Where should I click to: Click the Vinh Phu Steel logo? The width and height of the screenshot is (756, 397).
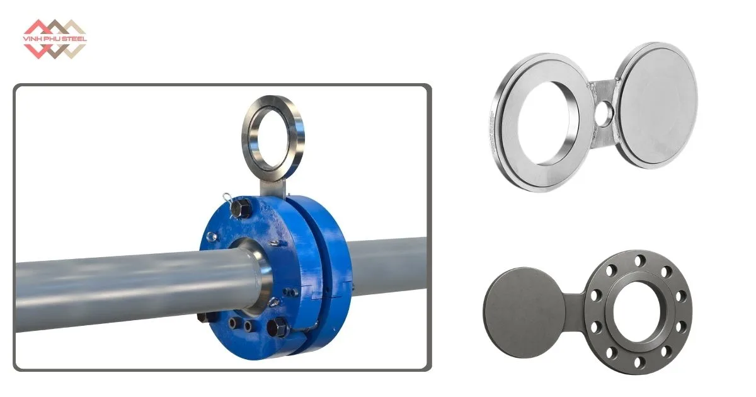coord(55,39)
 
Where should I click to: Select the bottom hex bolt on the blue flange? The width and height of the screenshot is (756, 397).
coord(277,327)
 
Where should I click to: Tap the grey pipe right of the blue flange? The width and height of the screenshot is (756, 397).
coord(388,267)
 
